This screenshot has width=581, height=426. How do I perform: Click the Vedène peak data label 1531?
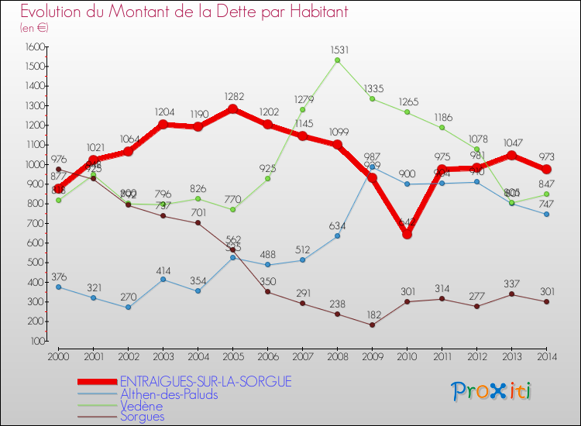(x=338, y=50)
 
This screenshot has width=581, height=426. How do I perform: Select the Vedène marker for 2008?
(x=338, y=60)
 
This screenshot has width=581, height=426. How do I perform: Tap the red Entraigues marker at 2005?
(x=232, y=109)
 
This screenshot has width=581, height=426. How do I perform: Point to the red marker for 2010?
(x=407, y=233)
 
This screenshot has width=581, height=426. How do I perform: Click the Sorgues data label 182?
(x=373, y=314)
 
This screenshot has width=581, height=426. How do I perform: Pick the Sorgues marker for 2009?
(x=373, y=325)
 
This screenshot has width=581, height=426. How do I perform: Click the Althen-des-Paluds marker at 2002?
(x=128, y=307)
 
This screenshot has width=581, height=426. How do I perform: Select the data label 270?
(x=128, y=297)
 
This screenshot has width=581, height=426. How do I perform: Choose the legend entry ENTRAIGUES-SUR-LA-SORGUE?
(x=205, y=381)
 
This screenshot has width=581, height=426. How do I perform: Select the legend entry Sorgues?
(x=142, y=417)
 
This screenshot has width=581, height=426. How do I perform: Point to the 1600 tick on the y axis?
(x=34, y=47)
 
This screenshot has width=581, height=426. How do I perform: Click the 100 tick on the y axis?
(x=36, y=341)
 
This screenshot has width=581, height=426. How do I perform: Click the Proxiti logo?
(x=492, y=391)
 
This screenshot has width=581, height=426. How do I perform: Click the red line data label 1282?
(x=232, y=97)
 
